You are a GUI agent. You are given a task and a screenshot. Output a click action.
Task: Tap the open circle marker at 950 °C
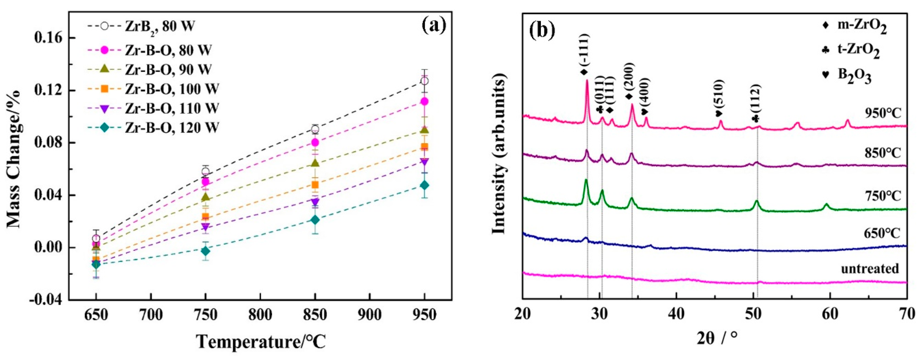click(424, 81)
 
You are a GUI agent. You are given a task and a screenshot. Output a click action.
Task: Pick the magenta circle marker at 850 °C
click(315, 142)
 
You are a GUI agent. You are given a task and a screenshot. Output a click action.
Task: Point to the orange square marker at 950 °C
click(424, 147)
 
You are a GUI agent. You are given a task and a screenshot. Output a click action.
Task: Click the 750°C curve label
click(883, 196)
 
